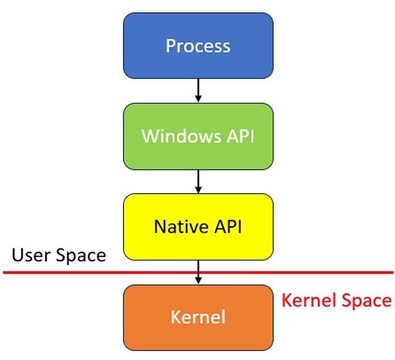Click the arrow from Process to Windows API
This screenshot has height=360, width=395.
coord(198,90)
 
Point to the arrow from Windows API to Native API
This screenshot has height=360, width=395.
coord(198,181)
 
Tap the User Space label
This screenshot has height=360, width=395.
coord(59,255)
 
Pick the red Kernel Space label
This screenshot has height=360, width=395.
coord(337,300)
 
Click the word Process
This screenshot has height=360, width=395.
coord(198,46)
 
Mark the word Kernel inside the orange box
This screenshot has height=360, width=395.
coord(198,317)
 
